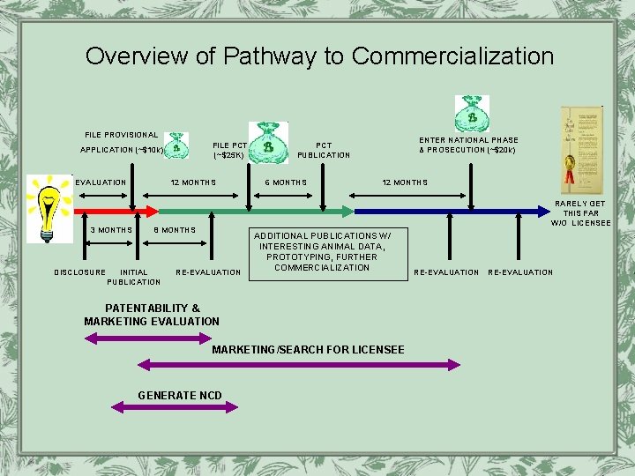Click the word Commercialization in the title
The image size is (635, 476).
coord(452,56)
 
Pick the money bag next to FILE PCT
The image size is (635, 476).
coord(267,142)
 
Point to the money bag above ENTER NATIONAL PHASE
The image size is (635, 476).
coord(471,114)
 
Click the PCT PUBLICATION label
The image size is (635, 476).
coord(324,150)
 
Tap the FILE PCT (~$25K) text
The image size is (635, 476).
coord(229,150)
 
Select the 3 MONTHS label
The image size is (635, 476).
coord(111,230)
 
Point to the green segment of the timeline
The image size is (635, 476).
coord(256,212)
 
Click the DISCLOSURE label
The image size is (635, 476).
coord(79,272)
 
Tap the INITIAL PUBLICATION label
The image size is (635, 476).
coord(134,277)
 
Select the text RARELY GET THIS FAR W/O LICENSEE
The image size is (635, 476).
coord(580,213)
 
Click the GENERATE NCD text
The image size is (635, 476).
coord(180,395)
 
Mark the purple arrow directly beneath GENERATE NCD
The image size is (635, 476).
coord(175,407)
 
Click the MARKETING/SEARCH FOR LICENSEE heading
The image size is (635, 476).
coord(308,350)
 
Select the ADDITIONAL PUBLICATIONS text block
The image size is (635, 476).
coord(322,251)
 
